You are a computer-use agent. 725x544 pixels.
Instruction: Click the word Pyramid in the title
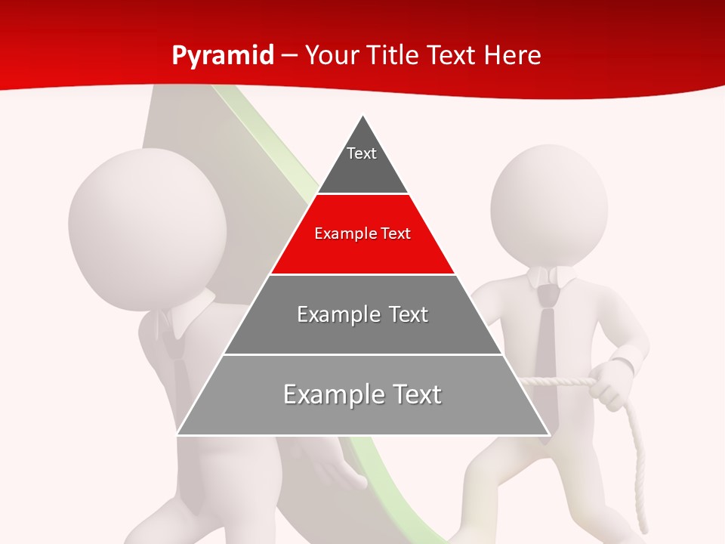(223, 56)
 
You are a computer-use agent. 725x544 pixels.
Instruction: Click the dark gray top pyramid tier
(362, 170)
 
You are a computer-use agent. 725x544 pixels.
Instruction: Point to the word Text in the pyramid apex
(362, 153)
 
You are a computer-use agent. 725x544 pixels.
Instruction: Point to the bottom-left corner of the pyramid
(178, 434)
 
